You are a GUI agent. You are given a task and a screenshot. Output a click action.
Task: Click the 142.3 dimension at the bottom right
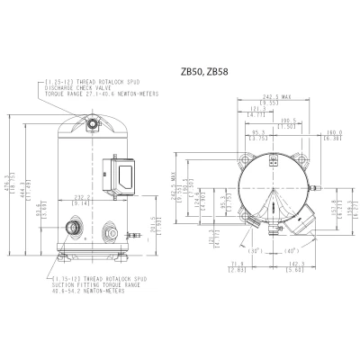click(296, 265)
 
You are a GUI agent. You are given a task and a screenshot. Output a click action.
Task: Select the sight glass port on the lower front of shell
click(111, 227)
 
